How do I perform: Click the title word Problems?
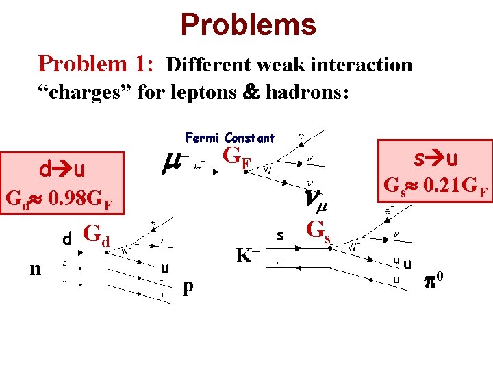click(x=248, y=25)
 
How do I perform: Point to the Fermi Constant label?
click(x=229, y=138)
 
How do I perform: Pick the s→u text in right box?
click(x=435, y=159)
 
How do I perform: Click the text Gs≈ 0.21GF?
click(x=435, y=185)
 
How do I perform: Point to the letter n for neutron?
click(x=35, y=269)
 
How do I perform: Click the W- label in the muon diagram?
click(x=269, y=168)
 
